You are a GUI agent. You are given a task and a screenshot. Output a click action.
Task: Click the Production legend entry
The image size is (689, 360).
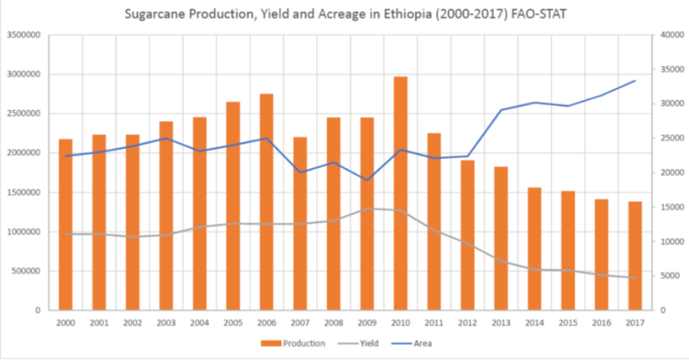pos(297,344)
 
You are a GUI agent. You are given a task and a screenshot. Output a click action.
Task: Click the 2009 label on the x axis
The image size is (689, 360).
pos(367,324)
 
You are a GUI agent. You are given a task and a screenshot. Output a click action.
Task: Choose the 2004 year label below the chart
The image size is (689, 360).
pos(200,324)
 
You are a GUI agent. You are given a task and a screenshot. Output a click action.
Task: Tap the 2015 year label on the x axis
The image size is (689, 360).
pos(568,324)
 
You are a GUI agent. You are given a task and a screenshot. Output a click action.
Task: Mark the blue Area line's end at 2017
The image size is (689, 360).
pos(635,81)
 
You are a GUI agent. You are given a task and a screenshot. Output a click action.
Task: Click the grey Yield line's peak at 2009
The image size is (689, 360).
pos(367,208)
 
